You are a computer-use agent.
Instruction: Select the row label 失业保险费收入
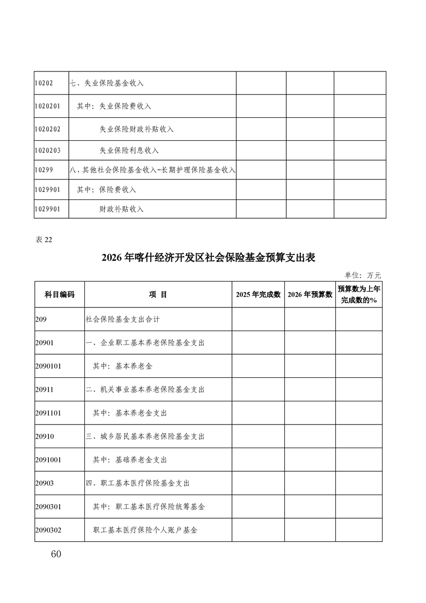tap(122, 106)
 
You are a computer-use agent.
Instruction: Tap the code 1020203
tap(47, 150)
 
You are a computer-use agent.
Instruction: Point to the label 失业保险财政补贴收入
tap(136, 129)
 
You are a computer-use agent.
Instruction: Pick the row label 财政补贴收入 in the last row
tap(121, 209)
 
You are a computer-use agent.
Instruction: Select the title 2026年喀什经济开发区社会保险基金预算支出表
tap(208, 258)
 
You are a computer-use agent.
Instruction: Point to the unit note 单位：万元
tap(363, 275)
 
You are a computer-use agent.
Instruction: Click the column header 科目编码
tap(59, 295)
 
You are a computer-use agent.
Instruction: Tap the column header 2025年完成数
tap(258, 295)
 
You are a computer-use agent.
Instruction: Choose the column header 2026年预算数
tap(310, 295)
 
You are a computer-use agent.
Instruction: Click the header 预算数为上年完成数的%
tap(359, 295)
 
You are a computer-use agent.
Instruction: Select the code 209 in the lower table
tap(41, 319)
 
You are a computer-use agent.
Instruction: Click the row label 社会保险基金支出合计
tap(122, 319)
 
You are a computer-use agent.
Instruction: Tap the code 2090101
tap(48, 366)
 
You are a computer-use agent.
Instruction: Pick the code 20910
tap(44, 436)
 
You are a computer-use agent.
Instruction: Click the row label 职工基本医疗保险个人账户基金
tap(145, 530)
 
